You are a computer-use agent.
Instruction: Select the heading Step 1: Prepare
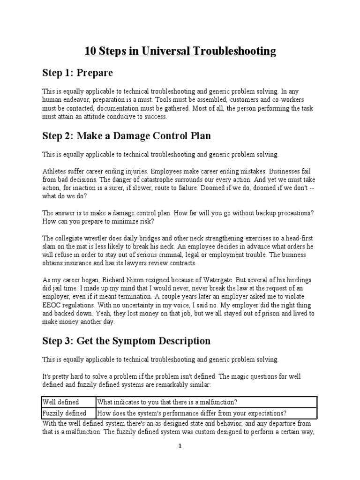(77, 73)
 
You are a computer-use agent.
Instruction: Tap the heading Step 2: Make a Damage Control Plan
(127, 136)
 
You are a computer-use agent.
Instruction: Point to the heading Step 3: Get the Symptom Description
(126, 340)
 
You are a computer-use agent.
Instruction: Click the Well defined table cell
(61, 402)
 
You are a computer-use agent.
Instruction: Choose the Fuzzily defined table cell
(65, 413)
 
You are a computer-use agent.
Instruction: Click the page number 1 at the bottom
(180, 446)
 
